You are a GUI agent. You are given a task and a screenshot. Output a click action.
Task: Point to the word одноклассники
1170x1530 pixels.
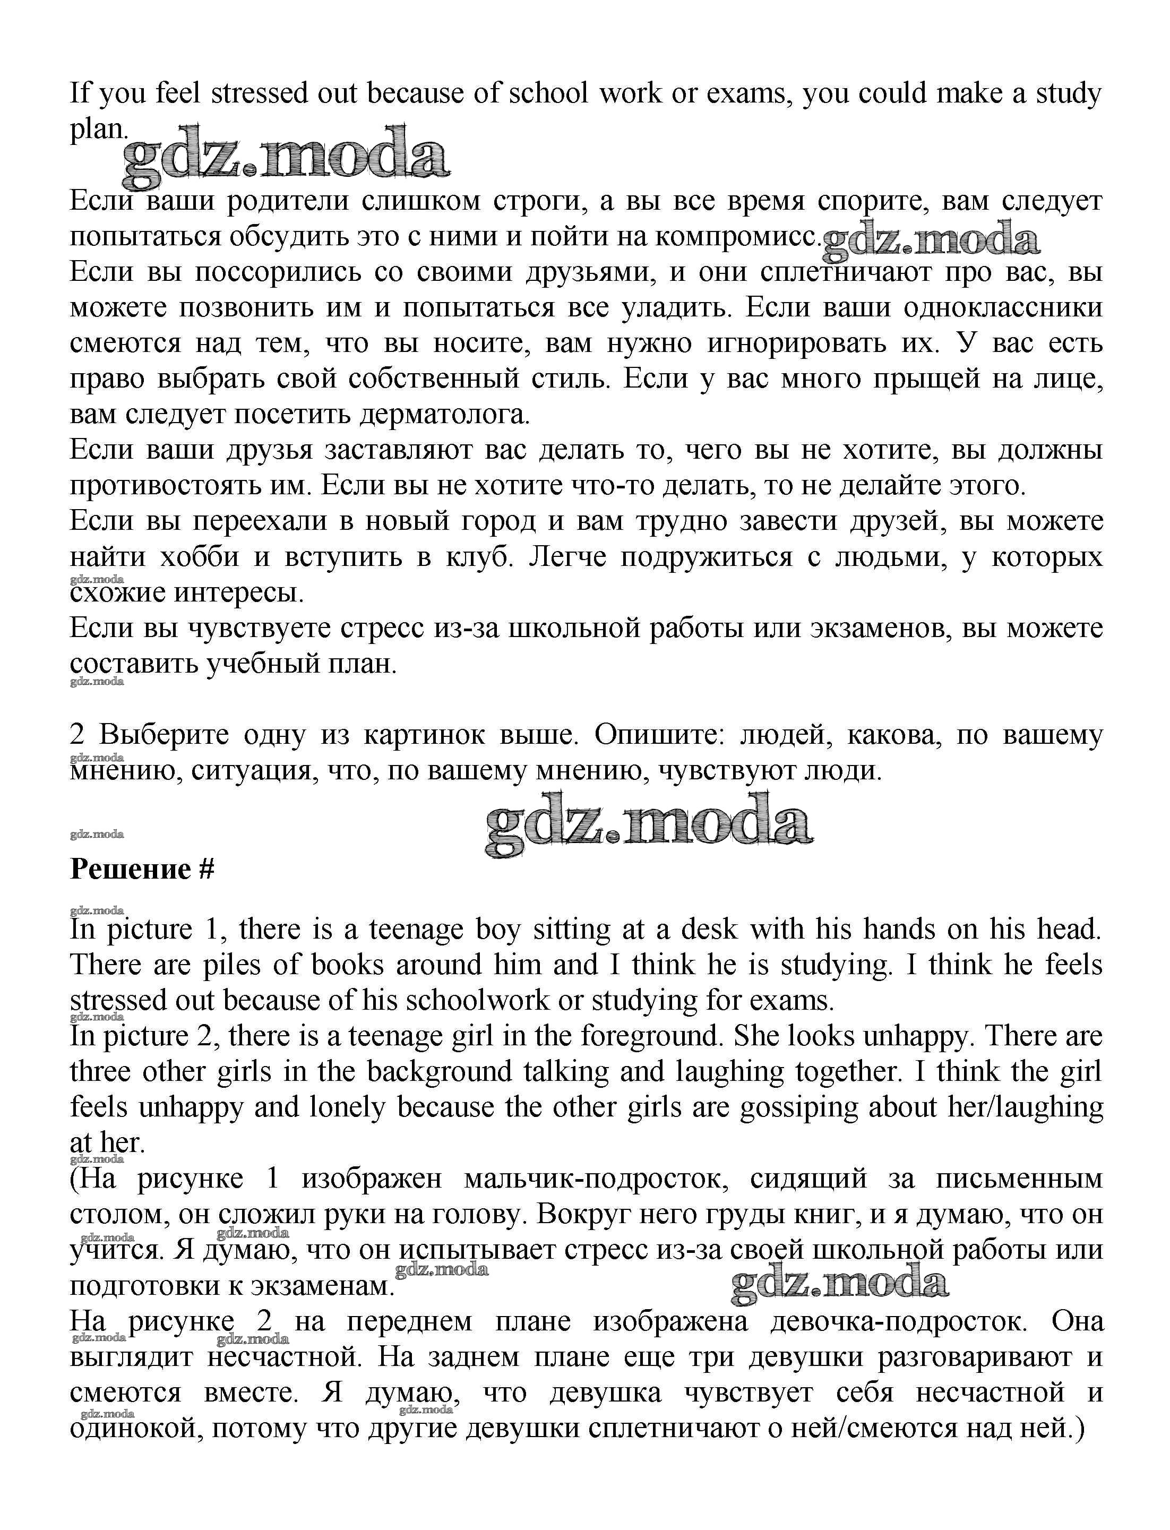(1002, 308)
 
